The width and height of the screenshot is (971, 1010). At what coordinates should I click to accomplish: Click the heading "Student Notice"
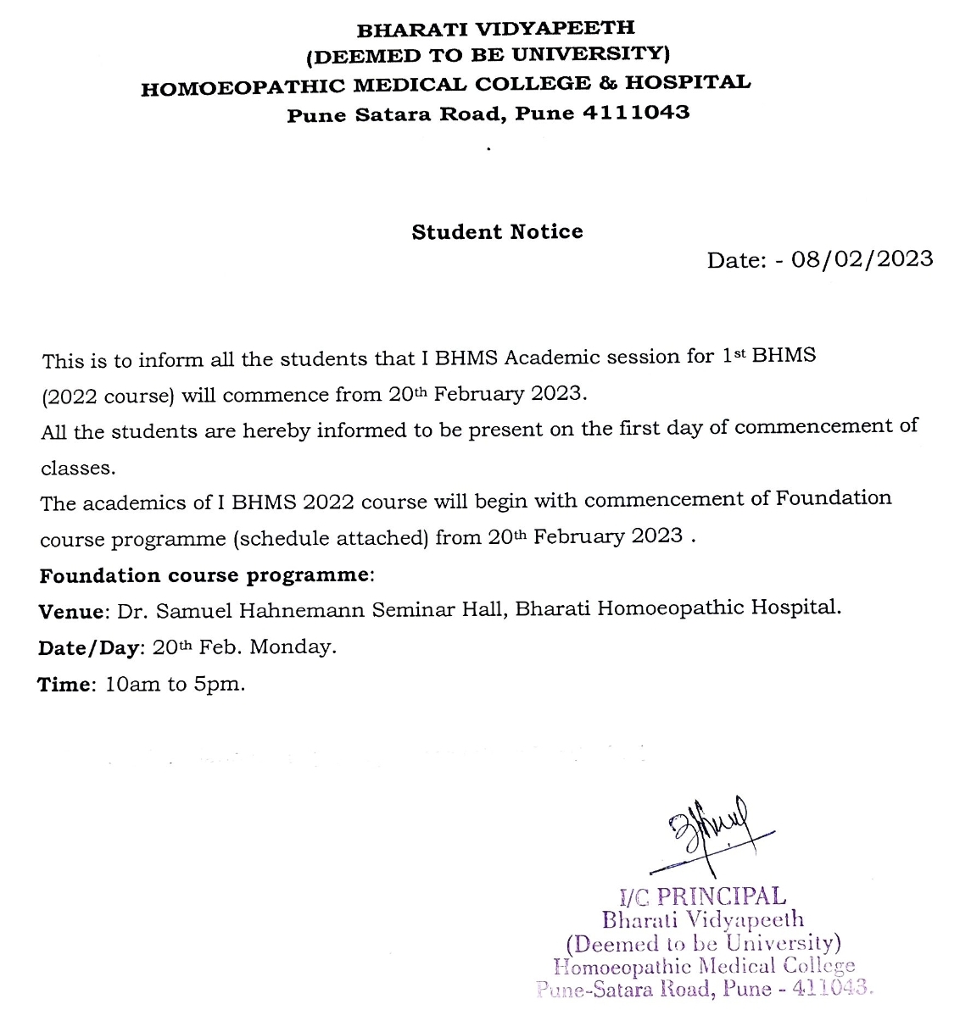coord(497,232)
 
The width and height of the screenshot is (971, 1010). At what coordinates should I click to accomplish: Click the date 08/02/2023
coord(862,258)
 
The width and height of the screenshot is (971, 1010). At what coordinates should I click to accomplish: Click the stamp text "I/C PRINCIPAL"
coord(703,896)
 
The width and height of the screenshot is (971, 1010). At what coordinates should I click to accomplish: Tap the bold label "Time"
coord(63,685)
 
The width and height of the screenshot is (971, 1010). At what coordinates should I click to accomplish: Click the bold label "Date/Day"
coord(88,648)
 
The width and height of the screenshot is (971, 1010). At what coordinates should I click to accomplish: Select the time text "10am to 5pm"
coord(175,684)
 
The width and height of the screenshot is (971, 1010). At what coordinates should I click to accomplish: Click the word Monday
coord(292,647)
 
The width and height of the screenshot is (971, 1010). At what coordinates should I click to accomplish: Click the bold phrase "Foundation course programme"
coord(204,575)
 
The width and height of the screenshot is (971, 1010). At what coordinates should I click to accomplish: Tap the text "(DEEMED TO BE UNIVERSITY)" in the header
coord(488,56)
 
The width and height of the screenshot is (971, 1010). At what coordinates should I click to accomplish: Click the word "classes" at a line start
coord(77,468)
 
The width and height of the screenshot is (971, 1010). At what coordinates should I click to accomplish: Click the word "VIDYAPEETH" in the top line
coord(557,29)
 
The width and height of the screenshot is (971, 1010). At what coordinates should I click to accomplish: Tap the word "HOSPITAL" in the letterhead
coord(688,83)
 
